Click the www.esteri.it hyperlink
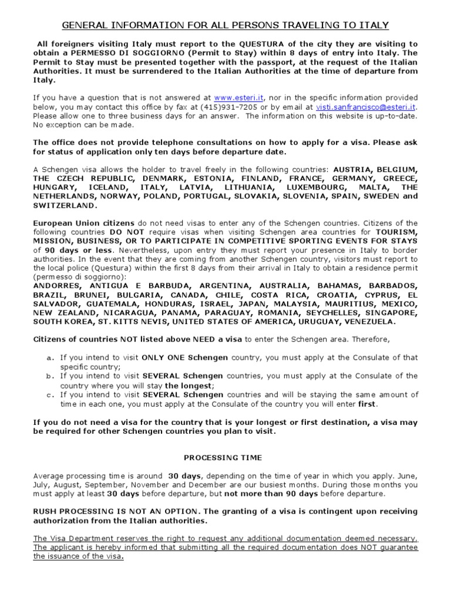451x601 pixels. coord(240,98)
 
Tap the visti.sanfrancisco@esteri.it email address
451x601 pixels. coord(366,107)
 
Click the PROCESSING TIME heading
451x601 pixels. coord(223,457)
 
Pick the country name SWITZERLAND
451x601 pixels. coord(64,205)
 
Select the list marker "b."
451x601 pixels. coord(50,376)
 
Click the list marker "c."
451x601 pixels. coord(50,394)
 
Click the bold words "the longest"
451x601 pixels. coord(187,386)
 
